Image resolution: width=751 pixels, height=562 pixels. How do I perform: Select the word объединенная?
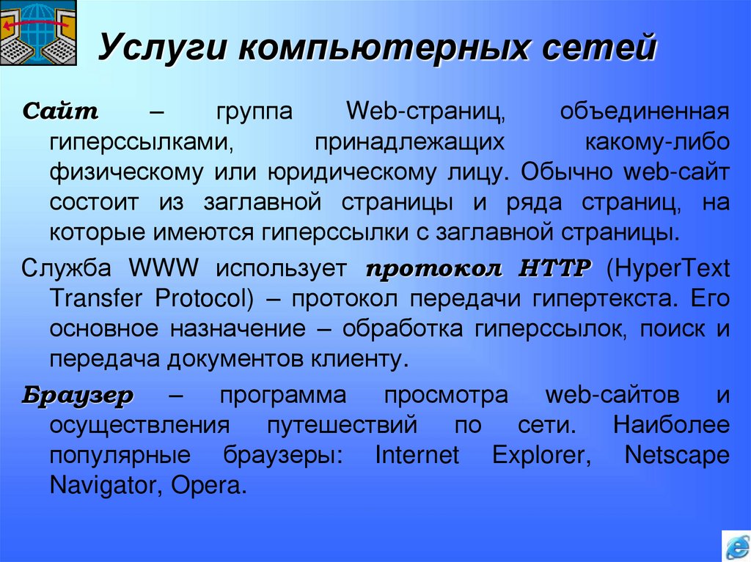(x=645, y=112)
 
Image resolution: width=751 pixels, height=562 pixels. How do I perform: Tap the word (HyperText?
(x=668, y=268)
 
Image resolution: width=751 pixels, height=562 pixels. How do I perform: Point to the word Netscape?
(x=676, y=455)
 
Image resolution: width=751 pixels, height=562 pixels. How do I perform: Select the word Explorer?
(x=542, y=455)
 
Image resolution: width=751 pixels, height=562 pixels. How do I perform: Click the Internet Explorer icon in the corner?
(x=735, y=546)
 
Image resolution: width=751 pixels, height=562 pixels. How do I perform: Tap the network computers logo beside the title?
(x=37, y=34)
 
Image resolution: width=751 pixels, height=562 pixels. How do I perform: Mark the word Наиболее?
(x=671, y=425)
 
